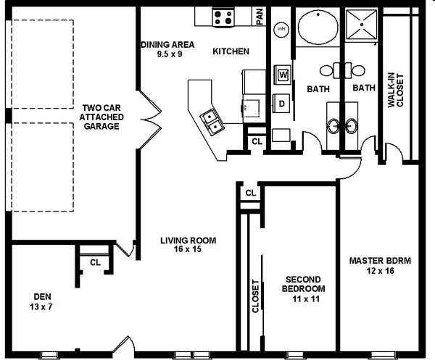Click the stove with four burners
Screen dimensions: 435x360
pyautogui.click(x=223, y=17)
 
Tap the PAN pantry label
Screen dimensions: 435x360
pyautogui.click(x=260, y=17)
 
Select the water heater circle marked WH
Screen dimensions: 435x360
pyautogui.click(x=281, y=30)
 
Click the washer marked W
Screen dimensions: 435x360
pyautogui.click(x=283, y=75)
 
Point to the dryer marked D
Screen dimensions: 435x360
pyautogui.click(x=281, y=104)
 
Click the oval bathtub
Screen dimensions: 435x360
pyautogui.click(x=318, y=27)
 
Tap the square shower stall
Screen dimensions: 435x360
pyautogui.click(x=362, y=25)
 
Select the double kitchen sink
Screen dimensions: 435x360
pyautogui.click(x=212, y=122)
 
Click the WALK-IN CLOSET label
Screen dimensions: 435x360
pyautogui.click(x=396, y=90)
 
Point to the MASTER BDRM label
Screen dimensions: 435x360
pyautogui.click(x=380, y=261)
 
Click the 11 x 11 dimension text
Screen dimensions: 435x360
pyautogui.click(x=306, y=298)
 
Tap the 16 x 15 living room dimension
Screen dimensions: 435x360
pyautogui.click(x=188, y=249)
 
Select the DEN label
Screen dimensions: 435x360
pyautogui.click(x=43, y=297)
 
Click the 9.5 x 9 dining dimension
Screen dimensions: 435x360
pyautogui.click(x=170, y=54)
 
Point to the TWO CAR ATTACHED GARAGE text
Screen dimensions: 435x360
pyautogui.click(x=101, y=117)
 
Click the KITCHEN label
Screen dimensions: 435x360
pyautogui.click(x=231, y=51)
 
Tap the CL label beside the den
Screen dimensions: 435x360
pyautogui.click(x=95, y=262)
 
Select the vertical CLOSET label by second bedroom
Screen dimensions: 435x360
pyautogui.click(x=255, y=296)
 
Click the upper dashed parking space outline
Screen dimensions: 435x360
pyautogui.click(x=42, y=64)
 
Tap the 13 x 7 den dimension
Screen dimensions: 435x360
pyautogui.click(x=41, y=307)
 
